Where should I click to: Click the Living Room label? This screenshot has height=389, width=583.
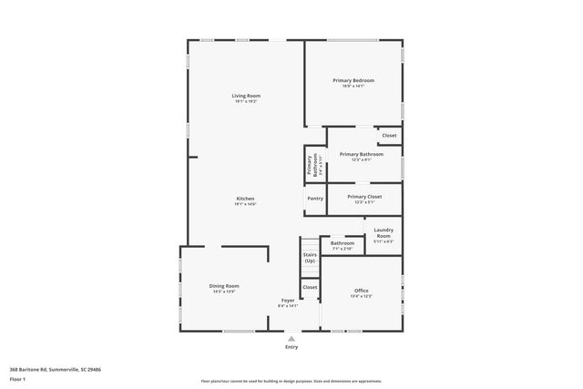245,96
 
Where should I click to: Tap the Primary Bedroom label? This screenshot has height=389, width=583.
353,81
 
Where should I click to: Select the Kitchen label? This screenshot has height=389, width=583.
245,199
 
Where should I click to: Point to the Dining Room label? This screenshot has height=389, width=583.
224,286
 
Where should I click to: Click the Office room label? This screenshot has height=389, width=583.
361,291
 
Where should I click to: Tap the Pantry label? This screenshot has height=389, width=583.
315,198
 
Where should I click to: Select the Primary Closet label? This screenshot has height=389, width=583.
363,197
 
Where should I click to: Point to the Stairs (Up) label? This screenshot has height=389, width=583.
310,259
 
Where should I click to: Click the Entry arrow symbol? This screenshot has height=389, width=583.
291,338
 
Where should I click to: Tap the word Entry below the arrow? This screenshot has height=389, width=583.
291,347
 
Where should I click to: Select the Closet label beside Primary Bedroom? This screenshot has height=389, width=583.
389,136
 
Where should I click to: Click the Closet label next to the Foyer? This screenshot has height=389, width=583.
310,287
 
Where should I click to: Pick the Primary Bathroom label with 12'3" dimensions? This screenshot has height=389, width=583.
361,155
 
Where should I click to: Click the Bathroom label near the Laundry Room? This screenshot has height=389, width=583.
343,243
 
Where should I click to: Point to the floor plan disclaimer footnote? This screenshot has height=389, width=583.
291,380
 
